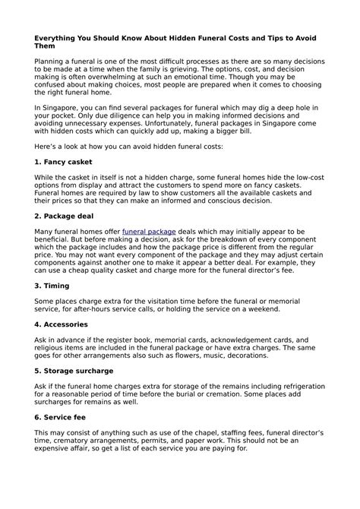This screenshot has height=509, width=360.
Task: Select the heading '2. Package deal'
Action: point(66,216)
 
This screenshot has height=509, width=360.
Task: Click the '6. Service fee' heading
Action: point(62,417)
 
